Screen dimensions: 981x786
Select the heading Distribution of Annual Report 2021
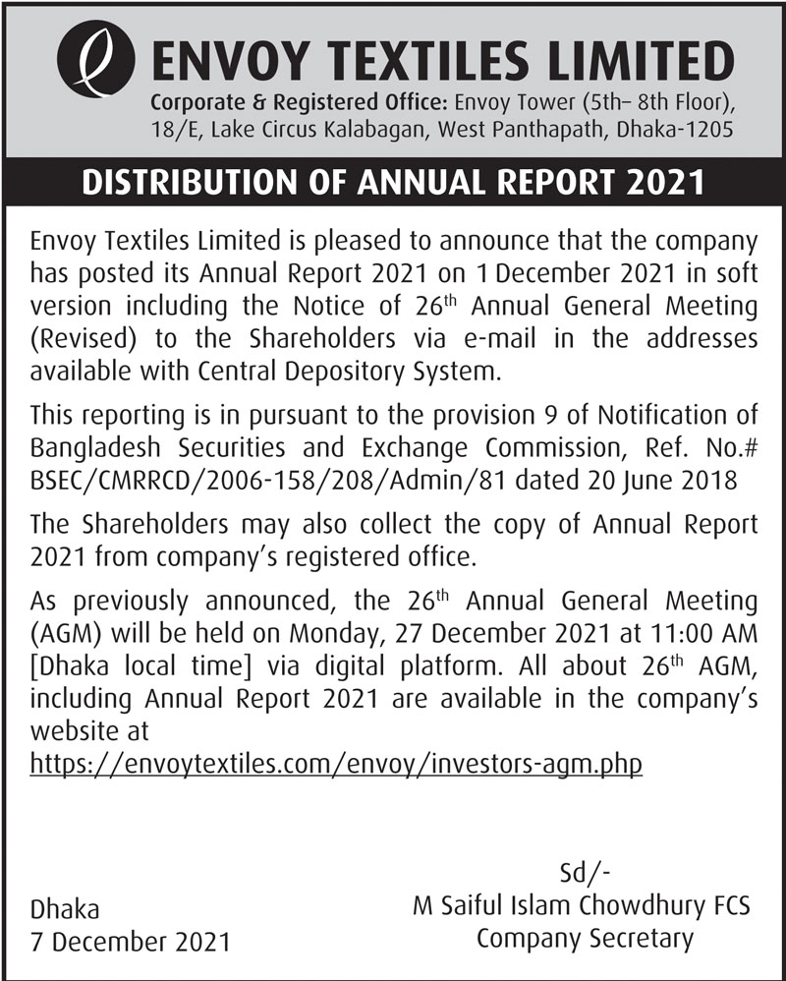pyautogui.click(x=393, y=183)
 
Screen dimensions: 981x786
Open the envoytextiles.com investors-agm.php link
pyautogui.click(x=337, y=763)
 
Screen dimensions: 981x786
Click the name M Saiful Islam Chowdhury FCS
pyautogui.click(x=582, y=905)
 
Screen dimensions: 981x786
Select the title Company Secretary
pyautogui.click(x=584, y=938)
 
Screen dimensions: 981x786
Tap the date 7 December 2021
pyautogui.click(x=131, y=941)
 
